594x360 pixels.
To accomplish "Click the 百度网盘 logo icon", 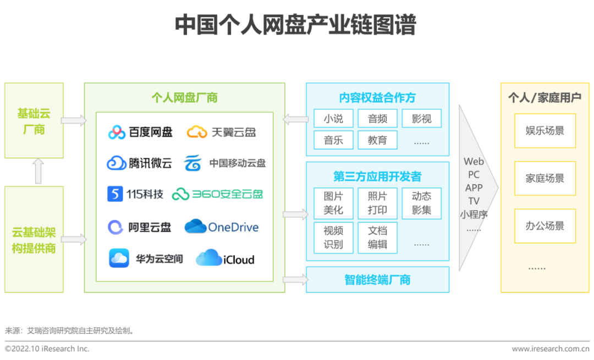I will click(117, 132).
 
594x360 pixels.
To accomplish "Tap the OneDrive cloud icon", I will click(195, 226).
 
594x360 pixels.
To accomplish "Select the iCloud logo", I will click(208, 258).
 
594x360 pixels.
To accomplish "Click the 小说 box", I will click(333, 119).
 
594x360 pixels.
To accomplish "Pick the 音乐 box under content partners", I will click(333, 140).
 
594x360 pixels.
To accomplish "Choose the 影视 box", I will click(421, 119).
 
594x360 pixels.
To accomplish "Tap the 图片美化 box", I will click(333, 203).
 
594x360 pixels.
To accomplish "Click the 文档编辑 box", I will click(377, 237).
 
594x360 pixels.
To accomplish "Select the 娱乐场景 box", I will click(544, 131).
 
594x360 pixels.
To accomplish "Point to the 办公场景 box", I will click(544, 226).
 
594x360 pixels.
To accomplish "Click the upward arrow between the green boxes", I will click(38, 171).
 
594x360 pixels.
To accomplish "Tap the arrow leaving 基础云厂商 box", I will click(73, 120).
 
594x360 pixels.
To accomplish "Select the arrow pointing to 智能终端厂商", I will click(295, 280).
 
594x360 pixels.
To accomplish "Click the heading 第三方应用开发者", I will click(377, 176).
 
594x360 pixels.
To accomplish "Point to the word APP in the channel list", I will click(474, 188).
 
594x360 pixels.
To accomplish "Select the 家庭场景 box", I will click(544, 179).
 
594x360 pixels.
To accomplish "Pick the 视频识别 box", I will click(333, 237).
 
